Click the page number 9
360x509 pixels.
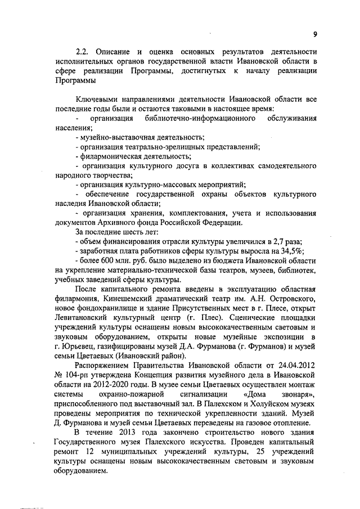click(316, 34)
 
